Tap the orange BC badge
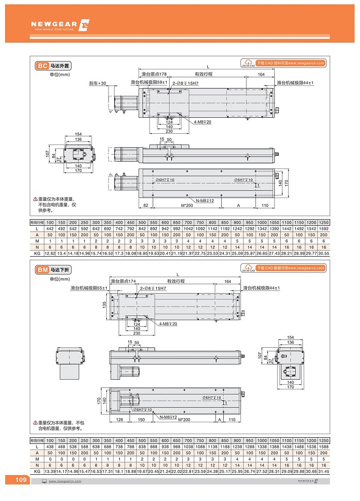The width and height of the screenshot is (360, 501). (x=42, y=66)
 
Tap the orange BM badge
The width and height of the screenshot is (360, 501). (x=42, y=269)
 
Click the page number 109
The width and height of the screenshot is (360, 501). (x=21, y=480)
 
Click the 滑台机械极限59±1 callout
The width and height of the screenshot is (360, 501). (x=149, y=82)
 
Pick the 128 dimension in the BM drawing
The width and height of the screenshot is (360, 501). (x=120, y=420)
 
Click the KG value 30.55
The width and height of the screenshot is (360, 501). (x=323, y=254)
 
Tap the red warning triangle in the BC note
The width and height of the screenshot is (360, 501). (x=35, y=199)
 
